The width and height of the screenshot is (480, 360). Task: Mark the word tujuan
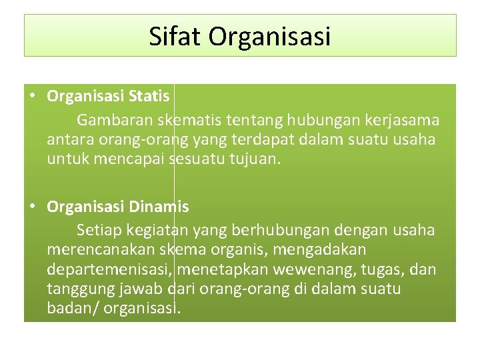point(253,160)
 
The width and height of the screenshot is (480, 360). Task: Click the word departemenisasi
point(111,270)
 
